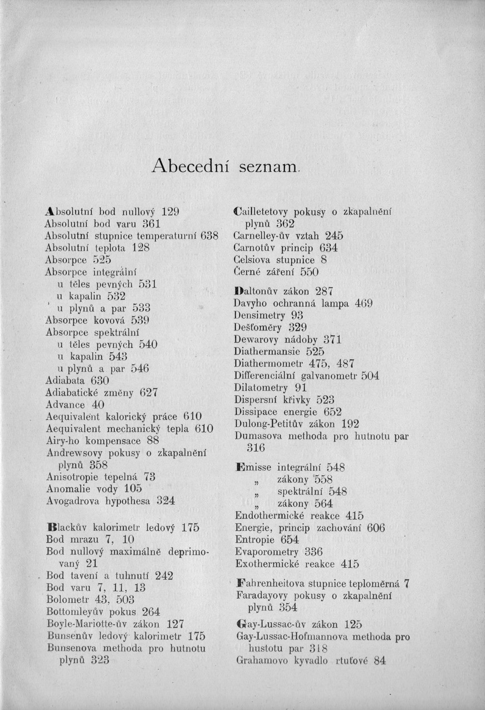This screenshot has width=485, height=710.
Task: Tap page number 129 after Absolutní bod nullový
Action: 169,212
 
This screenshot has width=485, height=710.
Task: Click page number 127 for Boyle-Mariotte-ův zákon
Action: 175,624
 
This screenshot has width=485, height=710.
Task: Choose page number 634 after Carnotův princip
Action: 329,248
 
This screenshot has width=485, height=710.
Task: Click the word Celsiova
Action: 255,260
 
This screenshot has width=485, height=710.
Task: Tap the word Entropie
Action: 254,540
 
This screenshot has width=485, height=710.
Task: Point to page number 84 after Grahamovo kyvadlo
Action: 380,661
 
